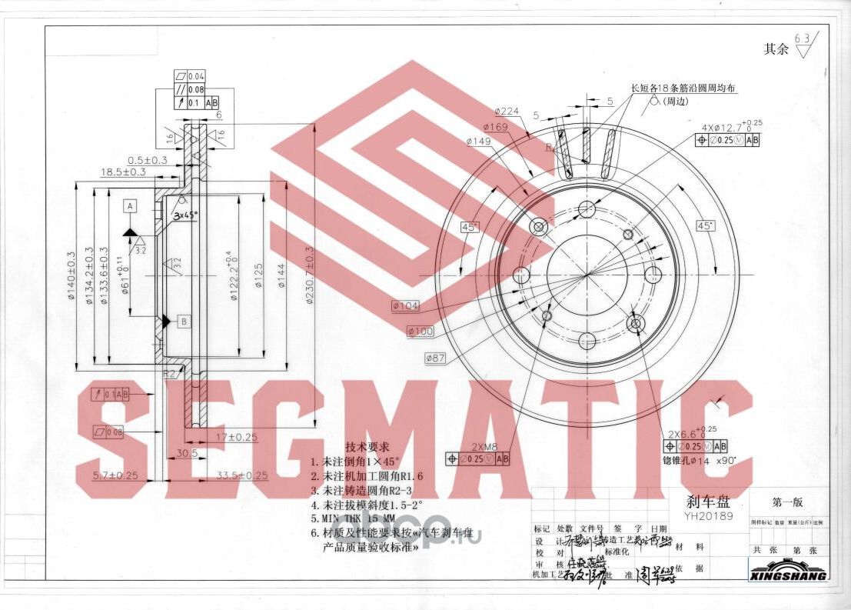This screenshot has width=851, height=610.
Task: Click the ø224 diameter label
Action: point(507,112)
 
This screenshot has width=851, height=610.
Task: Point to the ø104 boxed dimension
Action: point(405,306)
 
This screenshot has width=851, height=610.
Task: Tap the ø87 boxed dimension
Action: point(436,358)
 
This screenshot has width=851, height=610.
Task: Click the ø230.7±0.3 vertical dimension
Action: point(310,273)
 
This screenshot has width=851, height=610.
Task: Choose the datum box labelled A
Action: point(130,206)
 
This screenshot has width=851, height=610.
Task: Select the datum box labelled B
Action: point(184,320)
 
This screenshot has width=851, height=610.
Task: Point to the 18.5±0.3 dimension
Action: point(122,172)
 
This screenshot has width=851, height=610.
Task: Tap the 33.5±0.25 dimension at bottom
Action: point(242,475)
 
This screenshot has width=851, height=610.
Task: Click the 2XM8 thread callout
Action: point(484,447)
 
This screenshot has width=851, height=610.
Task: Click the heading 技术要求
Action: point(367,447)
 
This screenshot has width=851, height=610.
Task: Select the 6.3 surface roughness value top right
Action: point(803,38)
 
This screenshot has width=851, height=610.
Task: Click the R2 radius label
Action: point(170,375)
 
